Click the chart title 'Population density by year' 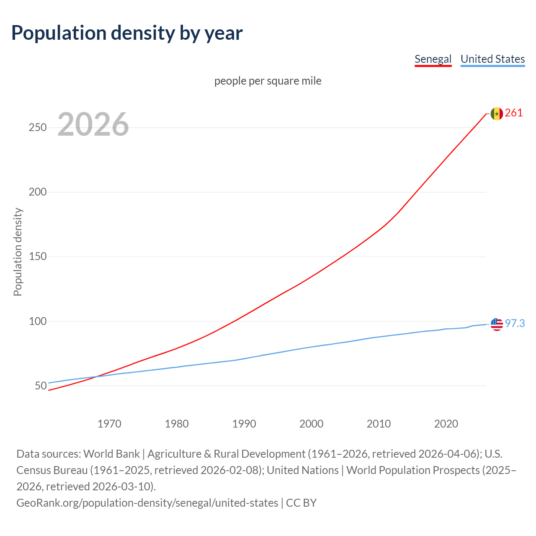point(127,33)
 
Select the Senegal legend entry point(433,59)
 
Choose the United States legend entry point(492,59)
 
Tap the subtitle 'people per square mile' point(268,81)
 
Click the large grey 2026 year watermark point(93,124)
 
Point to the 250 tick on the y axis point(38,128)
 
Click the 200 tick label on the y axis point(38,192)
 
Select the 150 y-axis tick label point(38,257)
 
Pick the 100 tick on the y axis point(38,321)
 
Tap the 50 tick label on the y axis point(41,386)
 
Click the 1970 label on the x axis point(109,424)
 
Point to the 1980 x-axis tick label point(177,424)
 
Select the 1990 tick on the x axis point(244,424)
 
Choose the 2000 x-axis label point(312,424)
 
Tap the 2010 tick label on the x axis point(379,424)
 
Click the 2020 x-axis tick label point(446,424)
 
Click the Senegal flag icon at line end point(497,113)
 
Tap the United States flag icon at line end point(497,324)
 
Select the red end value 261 point(514,113)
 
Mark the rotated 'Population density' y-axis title point(18,252)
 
